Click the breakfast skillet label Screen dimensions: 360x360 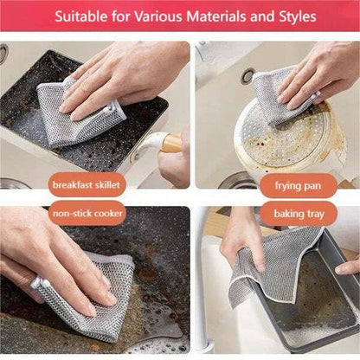tap(87, 184)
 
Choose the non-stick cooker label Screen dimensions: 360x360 tap(87, 213)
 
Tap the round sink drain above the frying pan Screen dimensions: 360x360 tap(248, 76)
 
